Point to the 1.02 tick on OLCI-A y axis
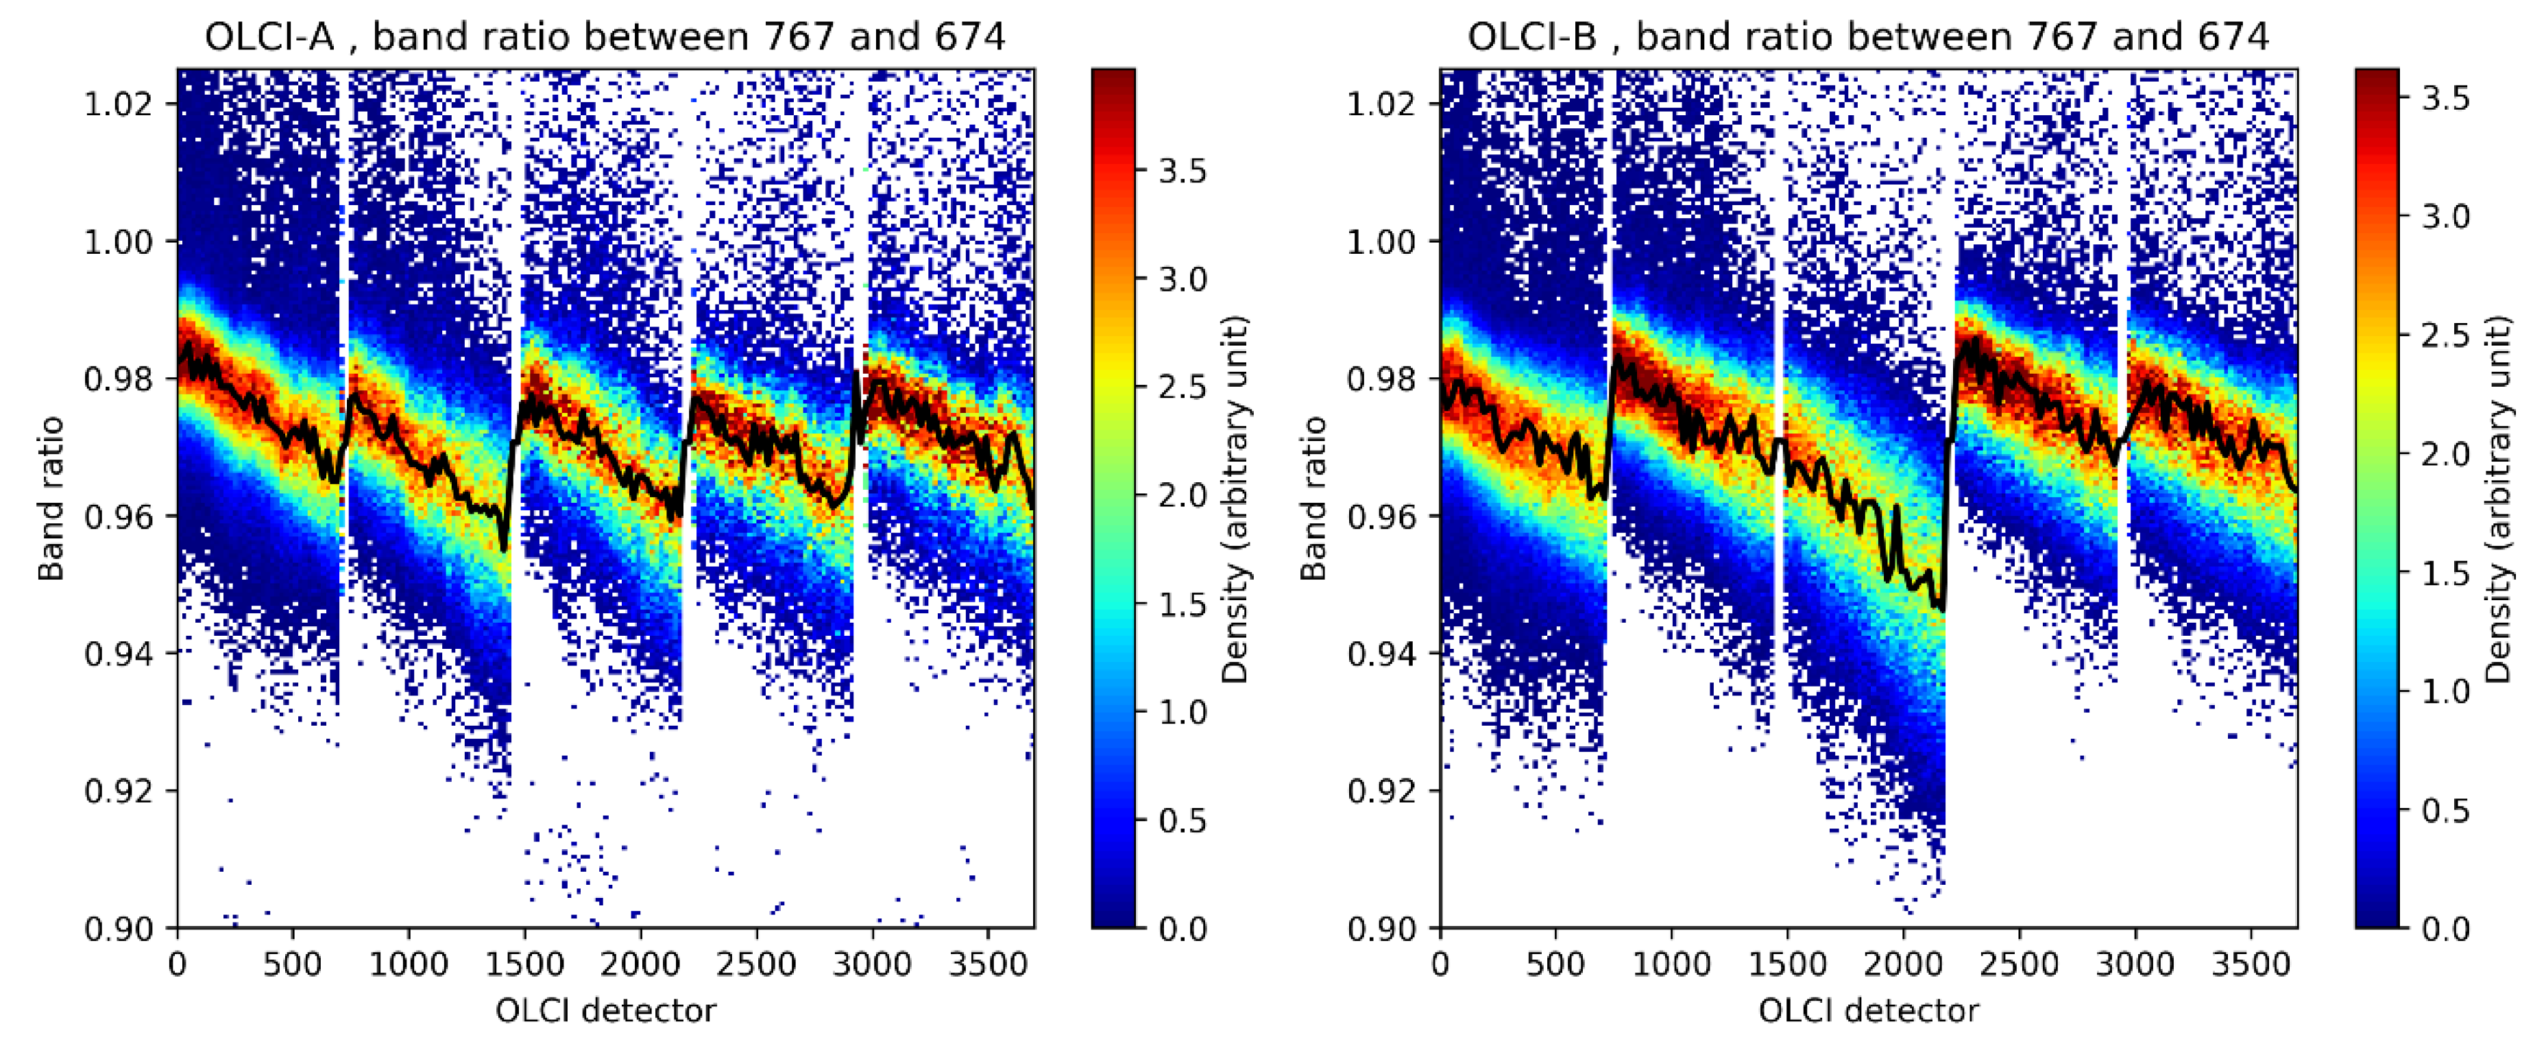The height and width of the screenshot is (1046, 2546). [117, 104]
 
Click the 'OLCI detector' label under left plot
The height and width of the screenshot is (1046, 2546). [605, 1010]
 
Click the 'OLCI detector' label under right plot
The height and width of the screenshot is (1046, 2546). [1868, 1010]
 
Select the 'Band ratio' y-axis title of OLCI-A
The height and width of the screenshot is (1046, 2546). [51, 498]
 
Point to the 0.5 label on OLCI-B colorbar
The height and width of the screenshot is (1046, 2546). [2445, 811]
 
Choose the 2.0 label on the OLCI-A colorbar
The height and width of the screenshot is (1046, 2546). [1182, 495]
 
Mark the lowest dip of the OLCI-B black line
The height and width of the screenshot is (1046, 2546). [1940, 608]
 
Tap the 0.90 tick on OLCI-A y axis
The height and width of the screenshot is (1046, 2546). [117, 928]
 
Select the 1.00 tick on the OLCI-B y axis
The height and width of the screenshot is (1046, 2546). [1380, 241]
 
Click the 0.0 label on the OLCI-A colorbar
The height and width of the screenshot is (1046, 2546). [1182, 928]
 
